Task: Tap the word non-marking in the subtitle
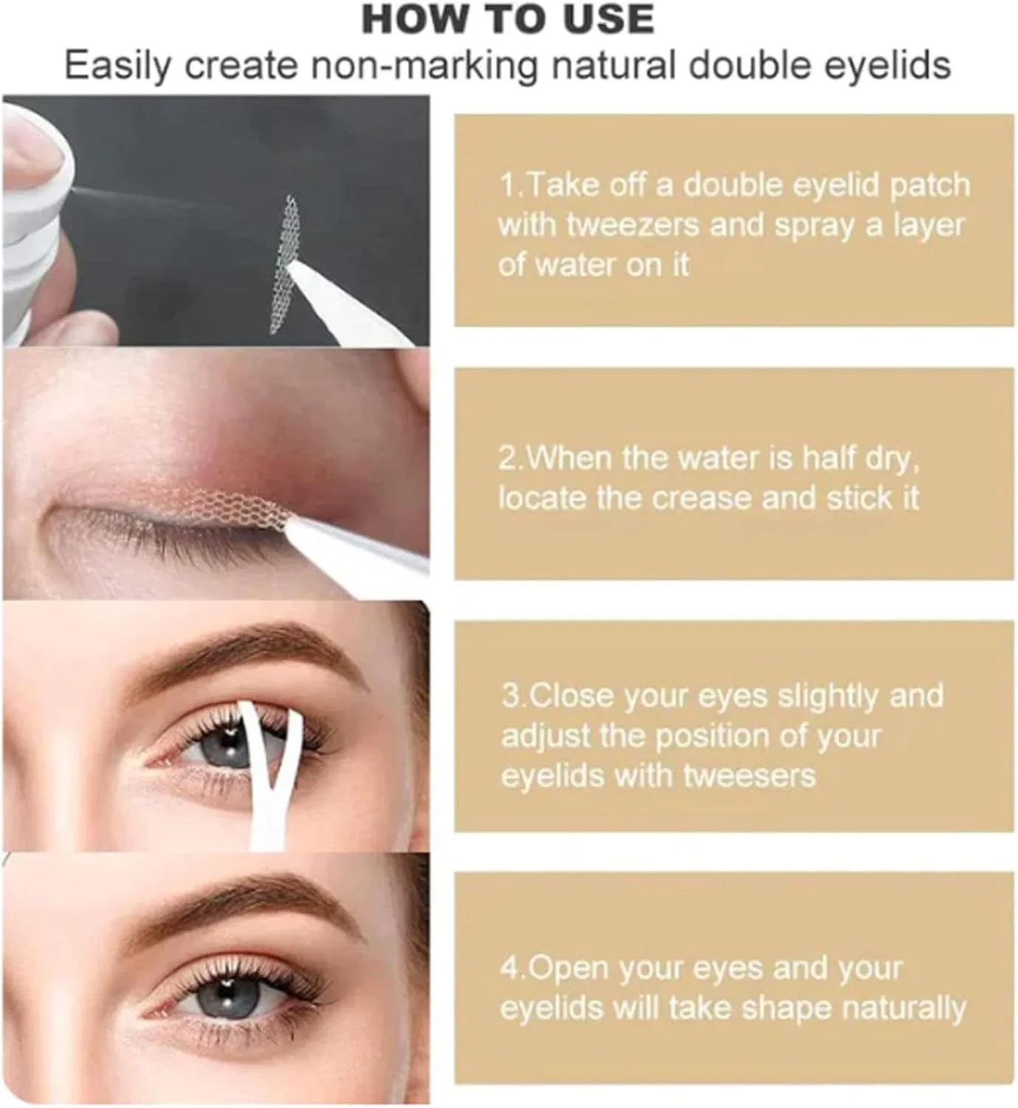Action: click(x=425, y=66)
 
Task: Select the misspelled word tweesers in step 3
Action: click(x=749, y=776)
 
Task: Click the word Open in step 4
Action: click(x=570, y=969)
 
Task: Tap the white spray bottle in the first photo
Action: click(x=34, y=221)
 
